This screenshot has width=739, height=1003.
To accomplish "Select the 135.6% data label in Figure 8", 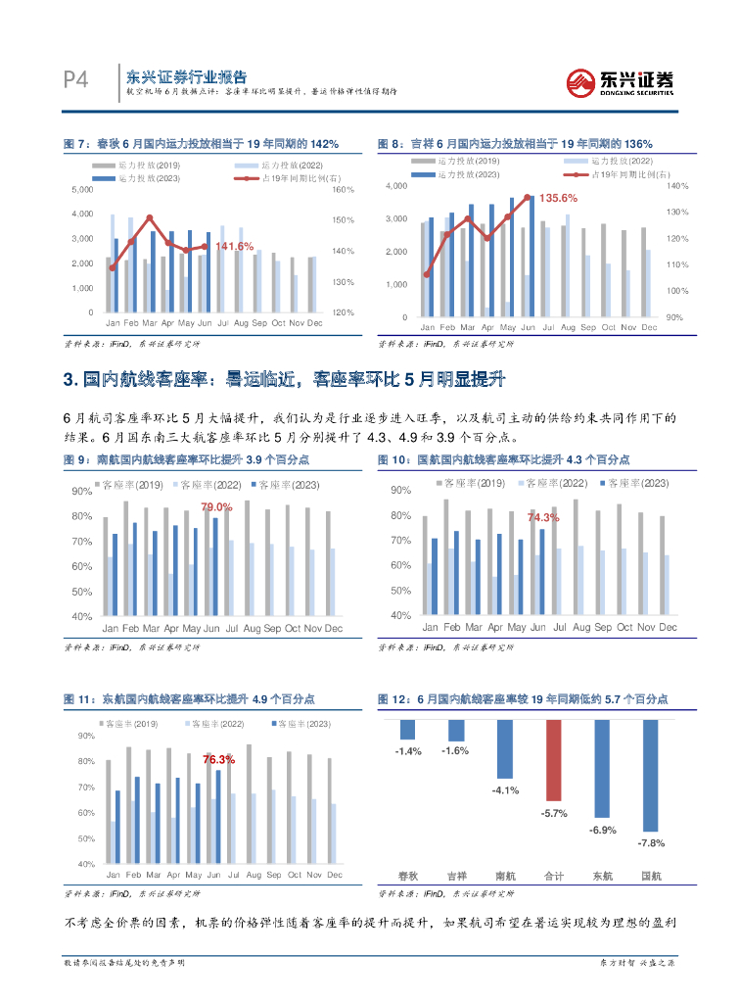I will click(557, 198).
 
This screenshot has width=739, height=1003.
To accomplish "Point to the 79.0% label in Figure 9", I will click(216, 506).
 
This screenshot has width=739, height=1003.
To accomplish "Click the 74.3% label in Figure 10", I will click(543, 517).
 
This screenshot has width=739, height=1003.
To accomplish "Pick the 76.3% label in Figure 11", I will click(218, 759).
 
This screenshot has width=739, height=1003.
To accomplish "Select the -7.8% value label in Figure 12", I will click(651, 843).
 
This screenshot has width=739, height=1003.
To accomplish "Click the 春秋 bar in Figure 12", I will click(408, 730).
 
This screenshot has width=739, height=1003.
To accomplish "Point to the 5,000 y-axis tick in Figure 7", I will click(82, 188).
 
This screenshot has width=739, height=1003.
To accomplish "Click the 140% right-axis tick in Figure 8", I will click(678, 185).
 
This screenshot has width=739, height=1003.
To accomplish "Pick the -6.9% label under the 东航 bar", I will click(603, 831).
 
